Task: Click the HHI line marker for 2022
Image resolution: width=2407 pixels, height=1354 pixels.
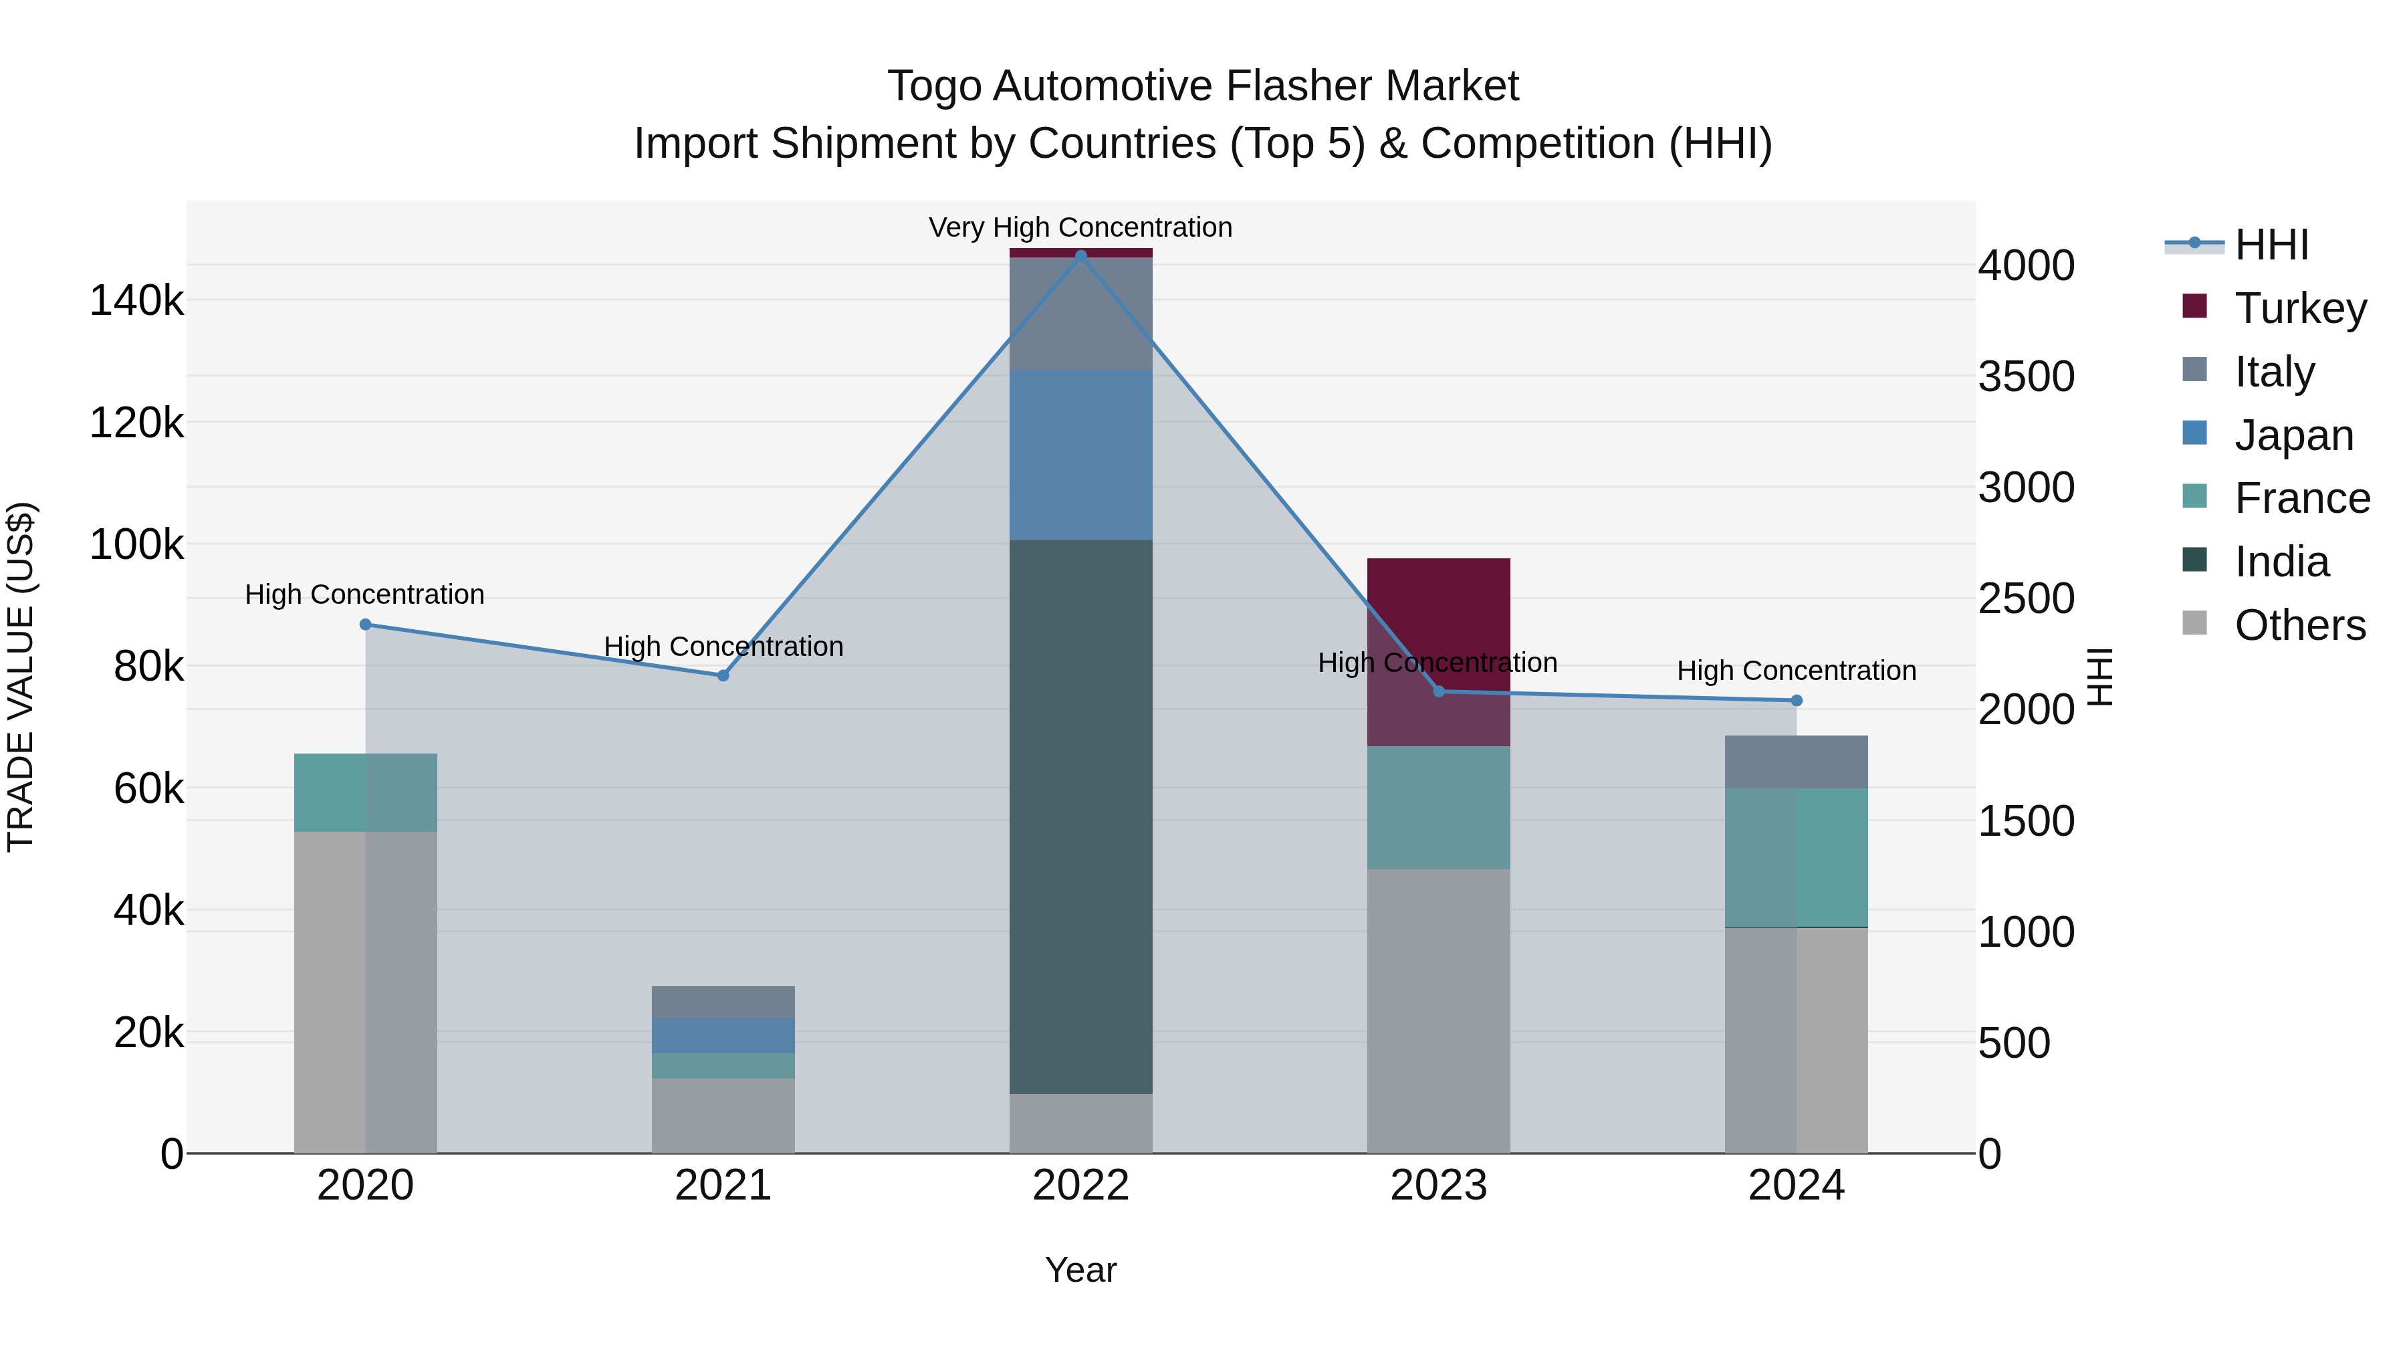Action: pos(1081,255)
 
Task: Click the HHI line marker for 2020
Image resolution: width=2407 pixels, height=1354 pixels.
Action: pos(365,625)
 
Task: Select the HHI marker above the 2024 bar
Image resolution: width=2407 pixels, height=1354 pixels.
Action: pos(1796,700)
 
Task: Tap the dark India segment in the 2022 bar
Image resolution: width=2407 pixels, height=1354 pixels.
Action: pos(1081,816)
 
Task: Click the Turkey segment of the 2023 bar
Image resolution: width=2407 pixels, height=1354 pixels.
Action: pos(1439,651)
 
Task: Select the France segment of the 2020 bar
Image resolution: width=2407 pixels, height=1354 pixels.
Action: pos(365,792)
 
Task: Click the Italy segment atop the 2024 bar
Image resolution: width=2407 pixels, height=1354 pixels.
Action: pos(1796,761)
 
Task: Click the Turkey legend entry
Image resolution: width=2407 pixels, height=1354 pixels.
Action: pos(2299,308)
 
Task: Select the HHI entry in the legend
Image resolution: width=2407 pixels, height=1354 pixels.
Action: pos(2271,244)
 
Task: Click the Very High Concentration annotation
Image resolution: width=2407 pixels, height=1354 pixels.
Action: pos(1080,227)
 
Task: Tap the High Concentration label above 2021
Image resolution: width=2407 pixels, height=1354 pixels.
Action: pos(723,646)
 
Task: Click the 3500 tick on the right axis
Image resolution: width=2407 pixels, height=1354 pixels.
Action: pos(2026,376)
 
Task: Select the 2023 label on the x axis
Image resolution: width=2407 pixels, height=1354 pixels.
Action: pos(1439,1186)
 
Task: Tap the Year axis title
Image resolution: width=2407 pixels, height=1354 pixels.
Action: pos(1080,1270)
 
